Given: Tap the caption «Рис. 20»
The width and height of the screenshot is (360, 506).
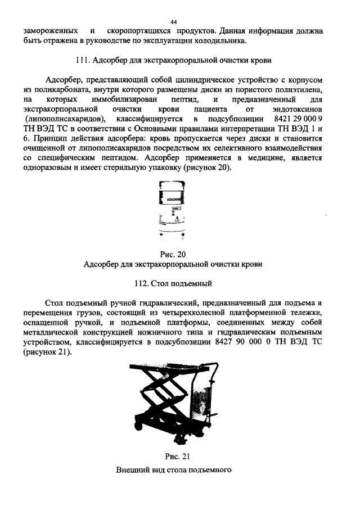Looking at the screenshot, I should pos(181,254).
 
